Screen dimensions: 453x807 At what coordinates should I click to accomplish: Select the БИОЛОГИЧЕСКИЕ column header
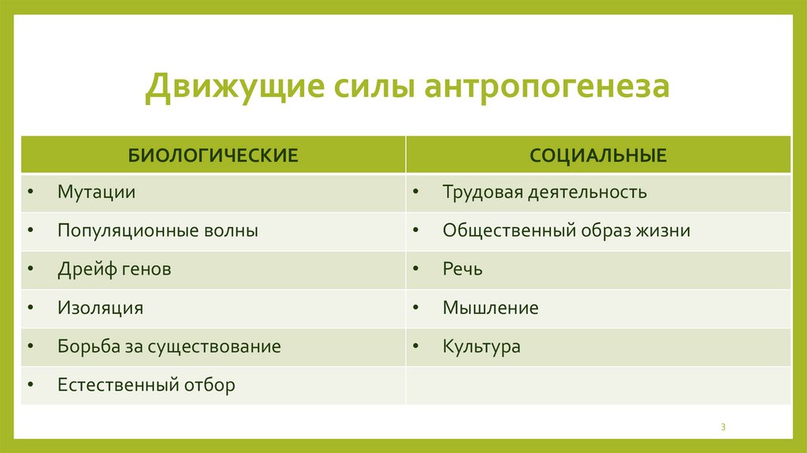tap(213, 155)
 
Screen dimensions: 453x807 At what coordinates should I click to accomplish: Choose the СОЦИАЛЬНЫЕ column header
tap(598, 155)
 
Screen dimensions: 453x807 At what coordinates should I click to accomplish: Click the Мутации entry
tap(96, 193)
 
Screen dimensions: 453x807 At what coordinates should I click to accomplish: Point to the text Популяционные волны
tap(157, 231)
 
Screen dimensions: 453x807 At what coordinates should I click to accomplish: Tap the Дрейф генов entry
tap(113, 270)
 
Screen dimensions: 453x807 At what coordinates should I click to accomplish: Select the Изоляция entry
tap(100, 309)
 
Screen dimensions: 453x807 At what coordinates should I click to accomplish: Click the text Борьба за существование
tap(169, 347)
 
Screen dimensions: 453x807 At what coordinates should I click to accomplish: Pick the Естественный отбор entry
tap(146, 386)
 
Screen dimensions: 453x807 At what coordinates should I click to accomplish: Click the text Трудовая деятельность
tap(545, 193)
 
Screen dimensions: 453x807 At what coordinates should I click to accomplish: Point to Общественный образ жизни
tap(566, 231)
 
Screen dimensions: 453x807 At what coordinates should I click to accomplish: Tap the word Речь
tap(463, 270)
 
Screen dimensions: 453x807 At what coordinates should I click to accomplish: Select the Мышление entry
tap(490, 309)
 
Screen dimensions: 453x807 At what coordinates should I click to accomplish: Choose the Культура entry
tap(482, 347)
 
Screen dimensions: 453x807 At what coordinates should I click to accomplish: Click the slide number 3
tap(723, 427)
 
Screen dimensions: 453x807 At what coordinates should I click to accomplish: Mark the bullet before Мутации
tap(30, 193)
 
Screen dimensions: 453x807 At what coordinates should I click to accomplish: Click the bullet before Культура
tap(415, 347)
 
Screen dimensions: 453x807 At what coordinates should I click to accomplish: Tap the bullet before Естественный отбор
tap(30, 386)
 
